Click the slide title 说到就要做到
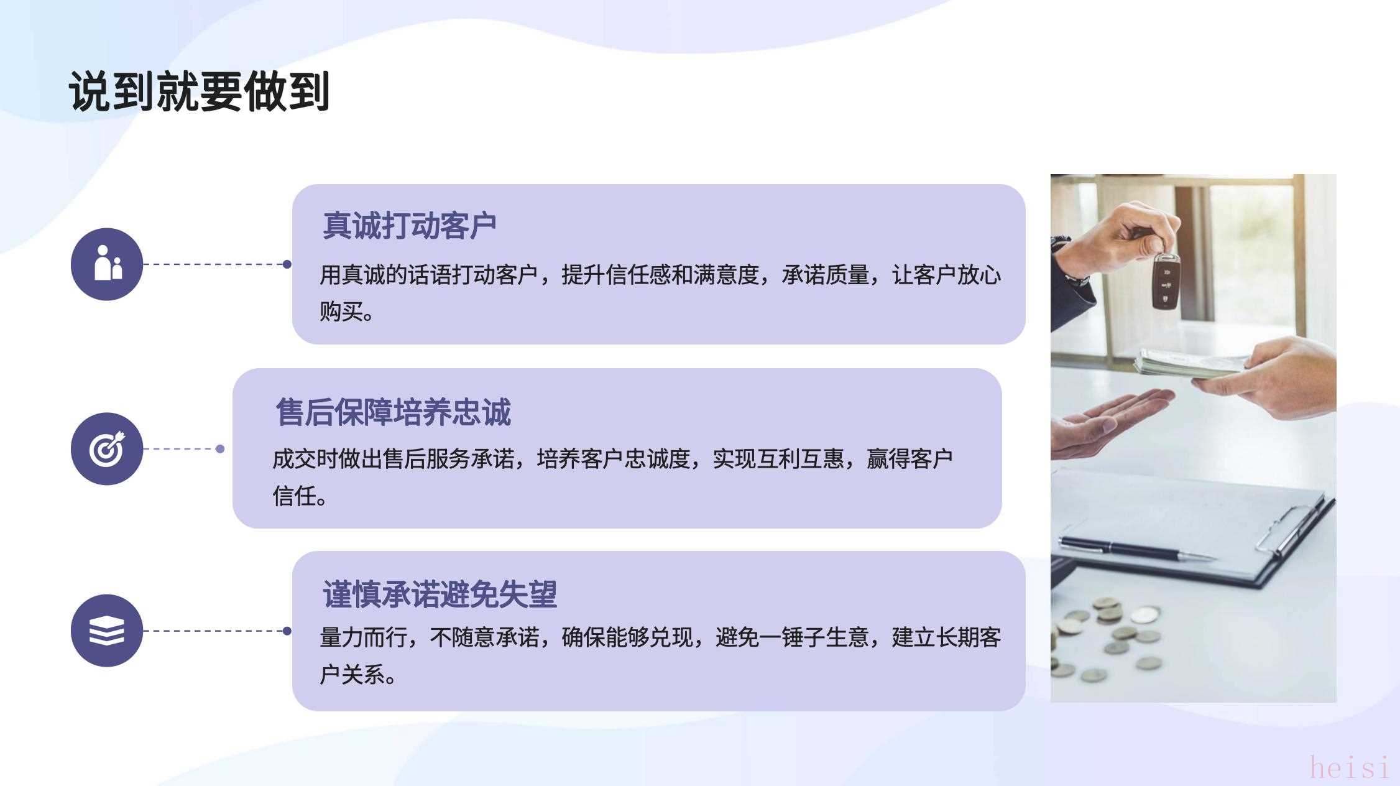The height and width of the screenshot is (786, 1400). point(199,91)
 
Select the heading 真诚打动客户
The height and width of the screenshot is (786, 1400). point(409,225)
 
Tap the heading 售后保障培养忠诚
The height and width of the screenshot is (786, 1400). point(394,412)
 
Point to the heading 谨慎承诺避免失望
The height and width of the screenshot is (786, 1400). point(440,594)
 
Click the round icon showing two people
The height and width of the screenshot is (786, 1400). point(107,264)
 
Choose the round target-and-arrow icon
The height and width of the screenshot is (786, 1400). point(107,448)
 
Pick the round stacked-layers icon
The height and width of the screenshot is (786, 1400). point(107,631)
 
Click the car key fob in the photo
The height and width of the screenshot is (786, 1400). point(1166,281)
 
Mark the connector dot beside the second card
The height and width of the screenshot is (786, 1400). point(220,449)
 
